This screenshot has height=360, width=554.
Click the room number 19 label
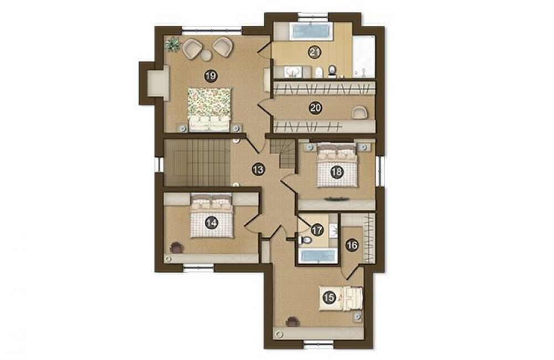[x=211, y=76]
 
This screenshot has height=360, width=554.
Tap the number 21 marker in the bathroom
[x=315, y=53]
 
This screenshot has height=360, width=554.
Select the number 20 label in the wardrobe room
[x=315, y=107]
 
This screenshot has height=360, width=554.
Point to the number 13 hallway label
[x=258, y=169]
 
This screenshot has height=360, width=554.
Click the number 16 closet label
[x=352, y=245]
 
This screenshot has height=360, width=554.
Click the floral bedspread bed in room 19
[x=209, y=110]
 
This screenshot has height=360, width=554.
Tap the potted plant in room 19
[x=172, y=44]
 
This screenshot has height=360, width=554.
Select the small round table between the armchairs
[x=206, y=55]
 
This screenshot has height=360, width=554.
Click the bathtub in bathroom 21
[x=310, y=31]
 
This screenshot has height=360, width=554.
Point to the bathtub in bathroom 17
[x=317, y=256]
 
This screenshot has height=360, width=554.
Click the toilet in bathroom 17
[x=305, y=240]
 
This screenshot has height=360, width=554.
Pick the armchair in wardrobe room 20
[x=360, y=112]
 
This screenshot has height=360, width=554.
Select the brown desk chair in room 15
[x=293, y=321]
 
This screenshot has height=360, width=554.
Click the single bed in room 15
[x=341, y=299]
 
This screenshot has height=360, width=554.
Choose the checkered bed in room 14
[x=212, y=215]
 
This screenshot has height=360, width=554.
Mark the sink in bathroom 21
[x=293, y=71]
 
